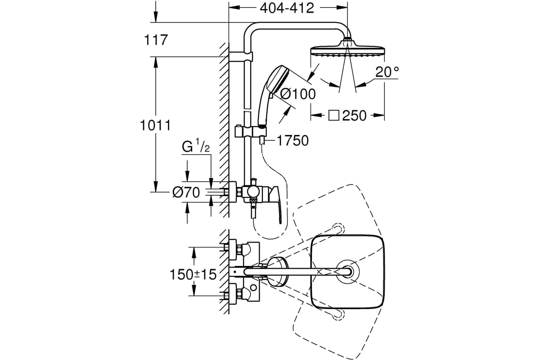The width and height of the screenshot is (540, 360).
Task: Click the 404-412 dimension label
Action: [287, 8]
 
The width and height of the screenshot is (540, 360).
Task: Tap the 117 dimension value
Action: [156, 40]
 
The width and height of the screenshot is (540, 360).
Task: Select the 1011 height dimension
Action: [156, 126]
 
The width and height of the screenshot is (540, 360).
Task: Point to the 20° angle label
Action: [387, 72]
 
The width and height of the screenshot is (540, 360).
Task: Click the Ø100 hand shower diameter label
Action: [298, 94]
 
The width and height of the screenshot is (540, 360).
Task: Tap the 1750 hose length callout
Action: [292, 140]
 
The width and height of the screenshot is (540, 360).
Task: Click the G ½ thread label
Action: [196, 145]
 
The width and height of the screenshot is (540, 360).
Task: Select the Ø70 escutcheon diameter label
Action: [186, 193]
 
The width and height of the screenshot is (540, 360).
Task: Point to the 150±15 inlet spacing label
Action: [193, 274]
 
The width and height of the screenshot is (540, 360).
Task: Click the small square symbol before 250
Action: [334, 116]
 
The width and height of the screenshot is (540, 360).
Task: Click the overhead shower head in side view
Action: [347, 49]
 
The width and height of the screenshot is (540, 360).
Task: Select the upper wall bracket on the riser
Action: [241, 56]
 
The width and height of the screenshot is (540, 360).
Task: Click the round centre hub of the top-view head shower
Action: [347, 272]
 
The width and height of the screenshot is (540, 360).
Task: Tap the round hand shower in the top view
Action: [277, 272]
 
